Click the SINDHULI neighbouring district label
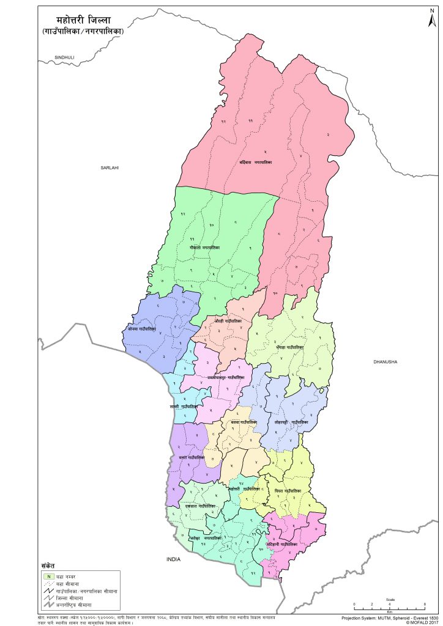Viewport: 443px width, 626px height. point(64,57)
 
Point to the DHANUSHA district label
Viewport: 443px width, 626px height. point(385,363)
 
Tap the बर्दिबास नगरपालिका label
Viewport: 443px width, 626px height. point(255,163)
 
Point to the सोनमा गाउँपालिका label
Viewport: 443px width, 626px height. point(143,329)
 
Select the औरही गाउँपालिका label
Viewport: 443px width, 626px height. point(228,320)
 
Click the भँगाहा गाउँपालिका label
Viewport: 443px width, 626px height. point(290,347)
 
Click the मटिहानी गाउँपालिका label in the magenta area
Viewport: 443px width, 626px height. point(282,543)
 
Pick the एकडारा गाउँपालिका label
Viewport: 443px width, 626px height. point(199,506)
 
